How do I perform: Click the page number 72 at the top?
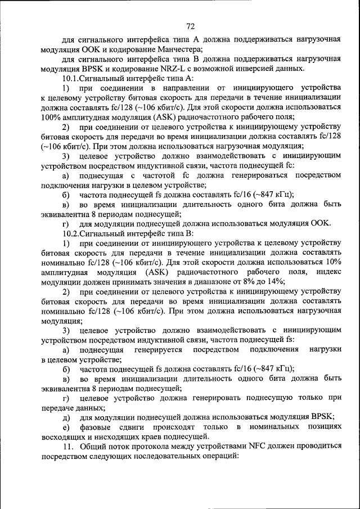click(190, 26)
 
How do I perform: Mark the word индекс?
click(328, 272)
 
